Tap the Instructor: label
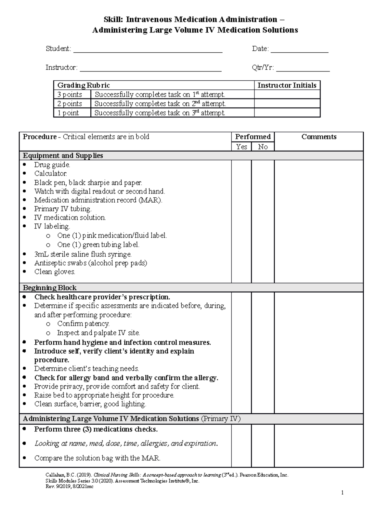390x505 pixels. tap(61, 68)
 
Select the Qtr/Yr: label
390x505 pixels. tap(263, 68)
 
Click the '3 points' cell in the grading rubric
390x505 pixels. tap(70, 95)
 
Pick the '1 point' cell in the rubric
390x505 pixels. tap(68, 113)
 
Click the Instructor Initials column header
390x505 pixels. tap(287, 86)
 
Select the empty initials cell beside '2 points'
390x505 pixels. tap(287, 104)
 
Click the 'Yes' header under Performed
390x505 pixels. tap(241, 147)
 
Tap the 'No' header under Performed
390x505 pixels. tap(263, 147)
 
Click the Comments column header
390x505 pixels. tap(318, 137)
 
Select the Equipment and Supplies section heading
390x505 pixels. tap(63, 156)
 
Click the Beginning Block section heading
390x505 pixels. tap(50, 288)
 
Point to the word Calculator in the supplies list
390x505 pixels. tap(51, 174)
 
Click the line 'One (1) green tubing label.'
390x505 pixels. tap(98, 245)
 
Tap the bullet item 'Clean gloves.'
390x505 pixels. tap(55, 272)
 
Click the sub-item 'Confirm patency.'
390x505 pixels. tap(83, 324)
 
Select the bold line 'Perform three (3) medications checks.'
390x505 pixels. tap(96, 429)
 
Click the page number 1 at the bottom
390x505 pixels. tap(342, 493)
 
